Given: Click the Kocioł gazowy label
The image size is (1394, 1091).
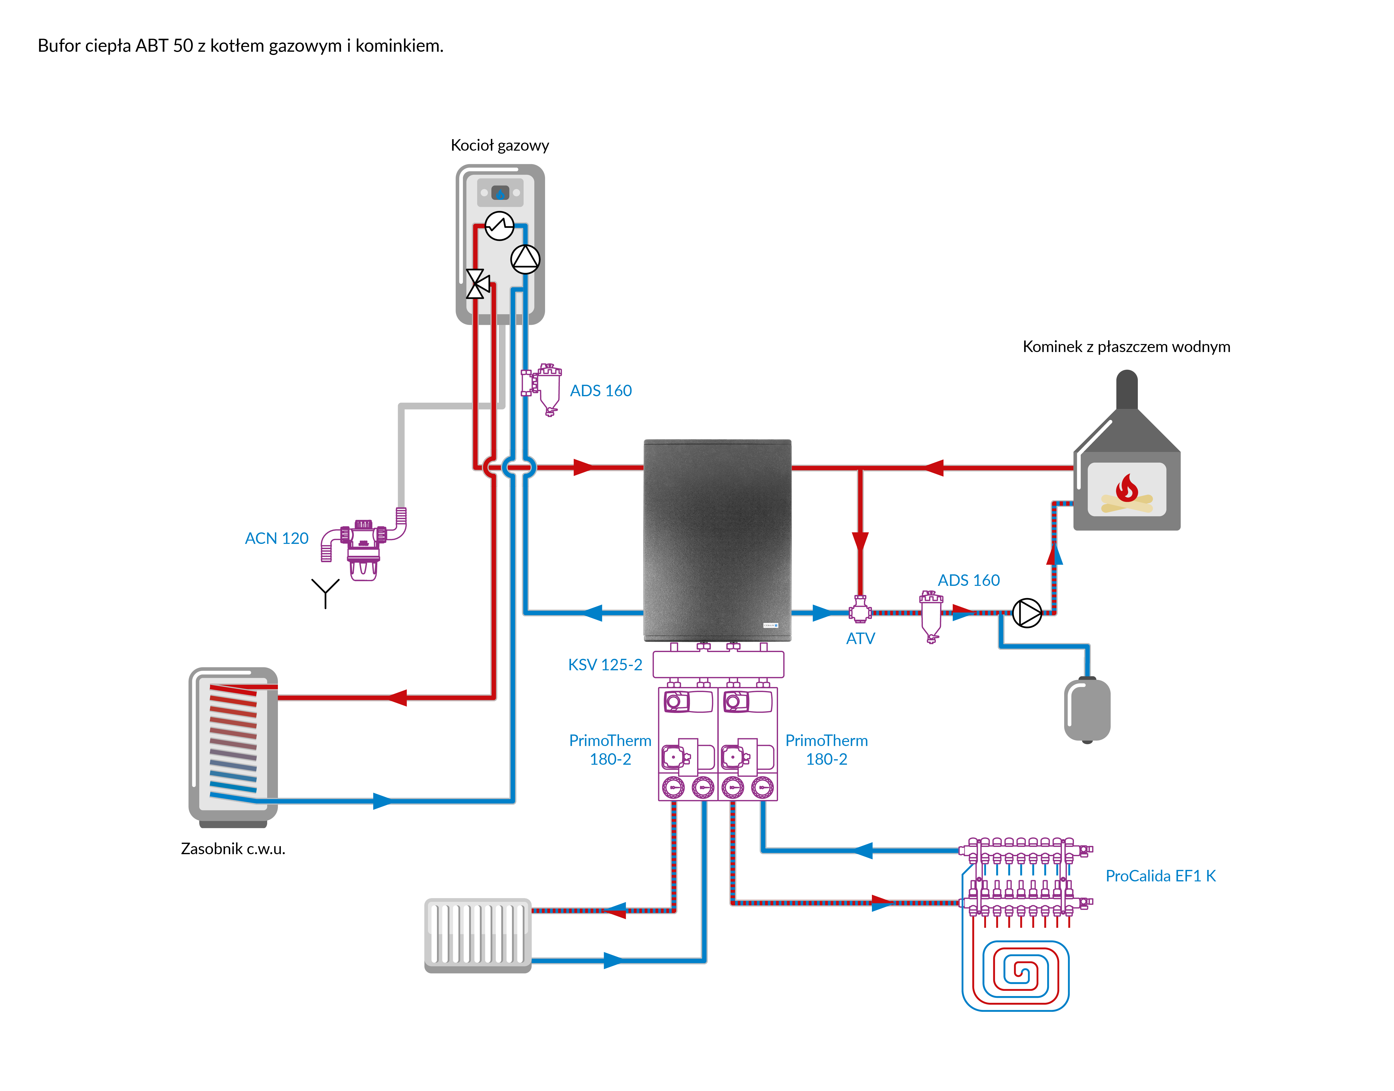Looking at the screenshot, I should coord(500,146).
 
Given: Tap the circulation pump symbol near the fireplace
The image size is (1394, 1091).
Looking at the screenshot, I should coord(1027,613).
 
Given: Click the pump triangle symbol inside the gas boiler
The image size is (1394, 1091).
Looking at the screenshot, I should coord(525,259).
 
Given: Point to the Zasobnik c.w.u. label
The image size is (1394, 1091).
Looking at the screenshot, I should coord(233,849).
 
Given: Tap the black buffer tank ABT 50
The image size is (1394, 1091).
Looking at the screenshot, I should coord(717,540).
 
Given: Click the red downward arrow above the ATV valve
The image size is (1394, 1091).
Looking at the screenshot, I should coord(860,542).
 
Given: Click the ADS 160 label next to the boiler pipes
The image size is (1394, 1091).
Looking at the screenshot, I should coord(600,391).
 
